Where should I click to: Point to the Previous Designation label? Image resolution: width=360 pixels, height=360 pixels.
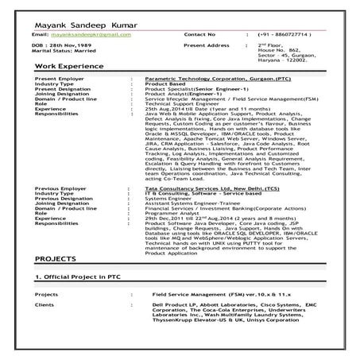pyautogui.click(x=64, y=214)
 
